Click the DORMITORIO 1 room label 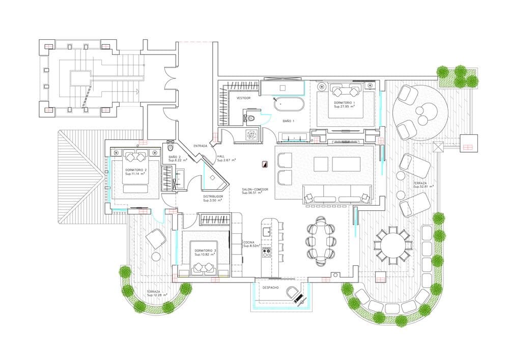point(345,103)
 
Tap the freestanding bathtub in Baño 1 point(290,104)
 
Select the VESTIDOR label point(243,98)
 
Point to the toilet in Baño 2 point(171,147)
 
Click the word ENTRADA point(200,146)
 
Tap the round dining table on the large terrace point(392,245)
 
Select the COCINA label point(249,242)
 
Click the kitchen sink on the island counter point(266,232)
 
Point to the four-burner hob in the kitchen point(266,251)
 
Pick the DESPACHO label point(270,288)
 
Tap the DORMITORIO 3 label point(206,251)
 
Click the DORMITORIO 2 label point(135,170)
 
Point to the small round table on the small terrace point(156,256)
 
